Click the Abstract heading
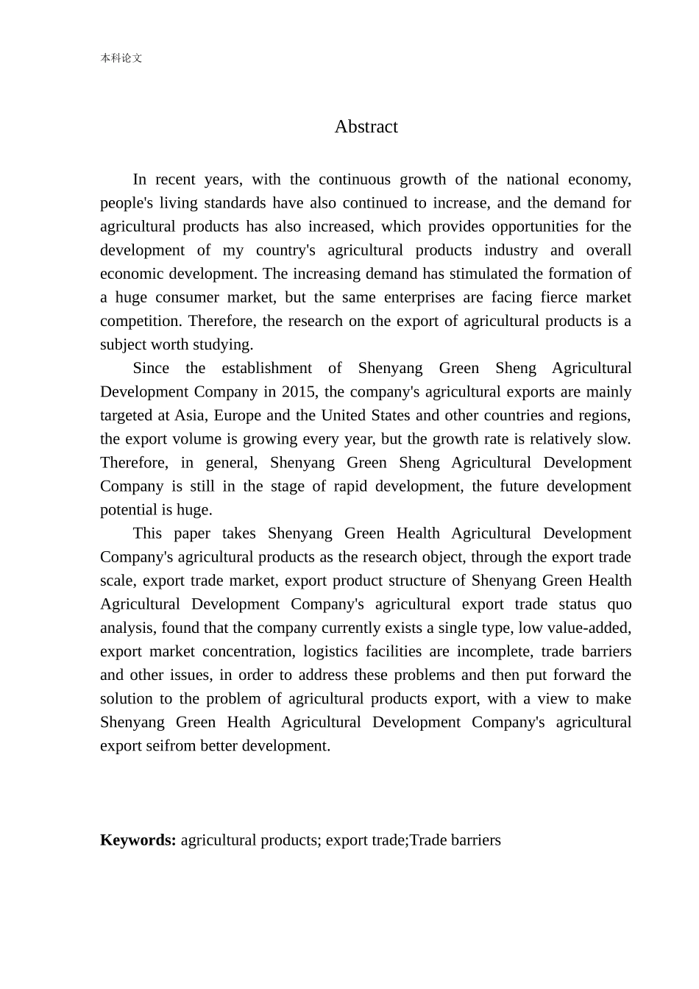pyautogui.click(x=366, y=127)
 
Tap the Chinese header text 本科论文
pyautogui.click(x=121, y=58)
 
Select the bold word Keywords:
pyautogui.click(x=138, y=840)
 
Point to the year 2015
pyautogui.click(x=297, y=391)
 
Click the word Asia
pyautogui.click(x=191, y=415)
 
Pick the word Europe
pyautogui.click(x=238, y=415)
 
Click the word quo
pyautogui.click(x=619, y=604)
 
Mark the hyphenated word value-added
pyautogui.click(x=586, y=628)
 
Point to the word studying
pyautogui.click(x=225, y=344)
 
